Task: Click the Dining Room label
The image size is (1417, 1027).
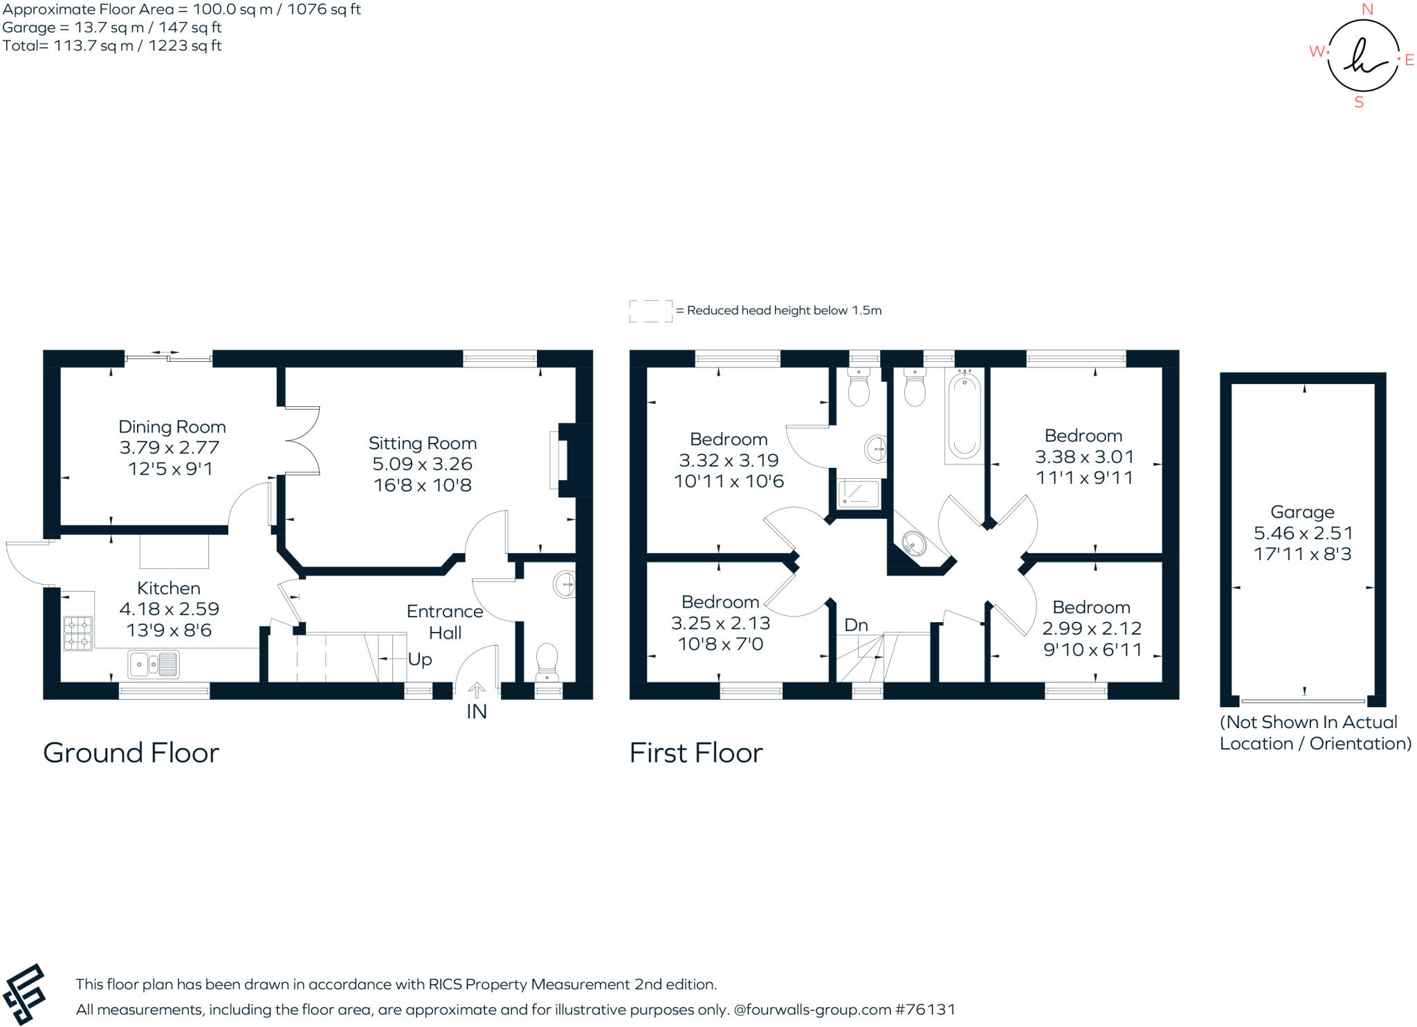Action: [x=172, y=427]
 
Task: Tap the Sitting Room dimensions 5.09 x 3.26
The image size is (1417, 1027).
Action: [x=422, y=464]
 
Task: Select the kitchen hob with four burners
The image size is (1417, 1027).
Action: [x=77, y=634]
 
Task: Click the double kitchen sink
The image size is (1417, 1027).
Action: [x=154, y=664]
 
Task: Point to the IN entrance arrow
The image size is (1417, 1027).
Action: [x=477, y=691]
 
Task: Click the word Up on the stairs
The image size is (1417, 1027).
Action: [x=420, y=660]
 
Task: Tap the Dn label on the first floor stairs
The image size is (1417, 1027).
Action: [x=856, y=626]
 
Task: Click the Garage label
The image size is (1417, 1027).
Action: [x=1302, y=512]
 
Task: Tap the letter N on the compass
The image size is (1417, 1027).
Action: [x=1367, y=10]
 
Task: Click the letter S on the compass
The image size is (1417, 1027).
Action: [x=1359, y=102]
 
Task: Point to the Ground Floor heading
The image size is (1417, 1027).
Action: [x=131, y=753]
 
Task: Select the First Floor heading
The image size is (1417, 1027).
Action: [x=695, y=753]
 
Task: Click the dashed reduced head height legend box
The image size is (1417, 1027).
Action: [x=650, y=311]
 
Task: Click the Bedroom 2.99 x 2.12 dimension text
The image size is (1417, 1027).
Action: [x=1092, y=628]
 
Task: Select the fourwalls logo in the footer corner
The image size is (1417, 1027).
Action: [x=25, y=994]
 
